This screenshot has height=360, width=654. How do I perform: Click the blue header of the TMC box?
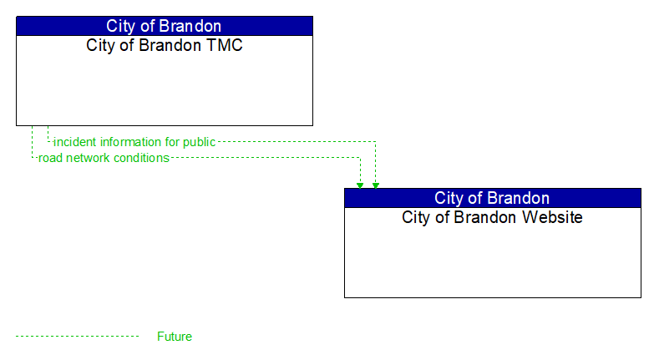click(164, 26)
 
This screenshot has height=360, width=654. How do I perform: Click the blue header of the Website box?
click(492, 198)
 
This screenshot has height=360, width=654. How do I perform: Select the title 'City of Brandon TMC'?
click(164, 46)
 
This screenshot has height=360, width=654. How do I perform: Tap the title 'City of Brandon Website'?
click(492, 218)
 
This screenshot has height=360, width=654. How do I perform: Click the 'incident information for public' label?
click(134, 142)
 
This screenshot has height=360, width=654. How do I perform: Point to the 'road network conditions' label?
click(104, 158)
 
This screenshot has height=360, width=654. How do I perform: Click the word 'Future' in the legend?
click(174, 337)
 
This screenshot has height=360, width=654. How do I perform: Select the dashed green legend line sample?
click(77, 337)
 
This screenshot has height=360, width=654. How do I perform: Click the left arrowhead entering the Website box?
click(360, 185)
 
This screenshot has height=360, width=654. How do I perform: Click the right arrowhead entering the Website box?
click(376, 185)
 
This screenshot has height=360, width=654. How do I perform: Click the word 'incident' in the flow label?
click(74, 142)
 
